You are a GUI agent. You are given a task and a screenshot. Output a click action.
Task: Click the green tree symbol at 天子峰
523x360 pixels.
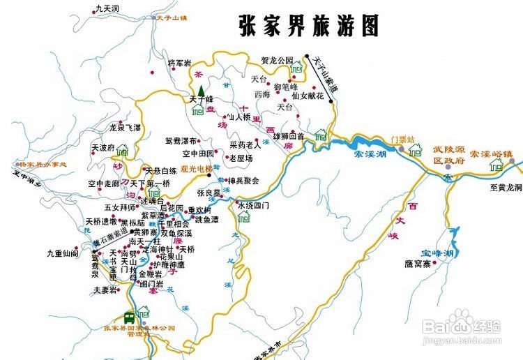[x=201, y=91]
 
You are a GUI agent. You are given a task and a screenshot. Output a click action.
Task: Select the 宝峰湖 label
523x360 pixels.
[x=438, y=251]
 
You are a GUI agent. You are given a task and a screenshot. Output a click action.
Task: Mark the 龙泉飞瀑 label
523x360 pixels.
[x=126, y=128]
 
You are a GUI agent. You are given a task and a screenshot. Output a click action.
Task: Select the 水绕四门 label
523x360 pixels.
[x=253, y=206]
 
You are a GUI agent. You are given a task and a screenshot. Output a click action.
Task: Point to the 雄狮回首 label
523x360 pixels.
[x=288, y=136]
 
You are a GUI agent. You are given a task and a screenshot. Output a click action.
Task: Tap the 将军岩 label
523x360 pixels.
[x=179, y=63]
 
